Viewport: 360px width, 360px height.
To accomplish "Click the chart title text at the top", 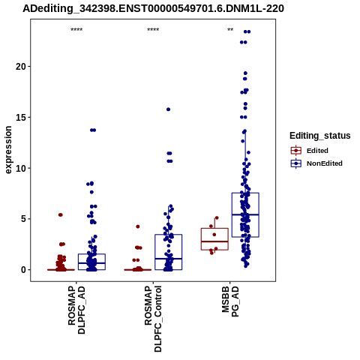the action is pyautogui.click(x=153, y=9).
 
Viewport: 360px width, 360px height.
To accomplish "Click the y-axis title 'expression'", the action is pyautogui.click(x=8, y=150).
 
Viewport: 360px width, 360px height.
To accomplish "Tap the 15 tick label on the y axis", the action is pyautogui.click(x=21, y=117).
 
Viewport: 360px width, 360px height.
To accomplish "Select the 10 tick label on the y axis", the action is pyautogui.click(x=21, y=168).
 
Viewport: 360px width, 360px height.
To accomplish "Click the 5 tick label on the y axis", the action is pyautogui.click(x=23, y=219).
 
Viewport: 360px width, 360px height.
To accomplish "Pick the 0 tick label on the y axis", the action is pyautogui.click(x=23, y=270).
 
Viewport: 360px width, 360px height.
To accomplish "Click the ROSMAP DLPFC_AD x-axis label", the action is pyautogui.click(x=76, y=310).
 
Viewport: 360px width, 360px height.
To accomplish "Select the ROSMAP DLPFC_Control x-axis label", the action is pyautogui.click(x=153, y=319).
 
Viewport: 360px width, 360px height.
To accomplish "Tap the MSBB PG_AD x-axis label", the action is pyautogui.click(x=230, y=301).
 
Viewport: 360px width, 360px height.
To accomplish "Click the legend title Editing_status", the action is pyautogui.click(x=320, y=136).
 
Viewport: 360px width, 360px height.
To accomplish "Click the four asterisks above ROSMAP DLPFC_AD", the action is pyautogui.click(x=76, y=30).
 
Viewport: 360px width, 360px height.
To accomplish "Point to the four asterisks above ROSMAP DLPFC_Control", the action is pyautogui.click(x=153, y=30).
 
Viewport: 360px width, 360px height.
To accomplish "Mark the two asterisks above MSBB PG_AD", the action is pyautogui.click(x=230, y=30).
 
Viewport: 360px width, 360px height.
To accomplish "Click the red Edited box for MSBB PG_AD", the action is pyautogui.click(x=214, y=228).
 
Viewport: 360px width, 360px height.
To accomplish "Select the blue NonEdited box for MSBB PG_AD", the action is pyautogui.click(x=245, y=193).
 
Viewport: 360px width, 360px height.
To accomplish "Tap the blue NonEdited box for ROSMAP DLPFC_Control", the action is pyautogui.click(x=169, y=235).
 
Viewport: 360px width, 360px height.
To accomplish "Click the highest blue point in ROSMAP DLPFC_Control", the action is pyautogui.click(x=168, y=109).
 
